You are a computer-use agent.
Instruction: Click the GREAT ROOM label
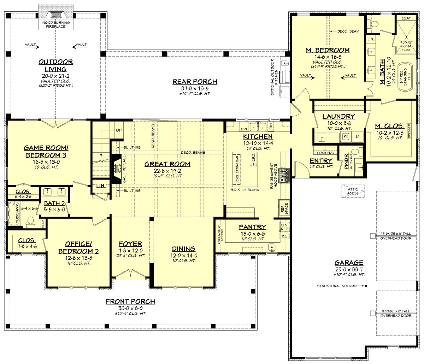[167, 164]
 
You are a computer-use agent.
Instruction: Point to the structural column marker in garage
[366, 286]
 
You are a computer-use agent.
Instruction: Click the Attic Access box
[353, 191]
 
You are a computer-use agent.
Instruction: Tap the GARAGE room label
[349, 263]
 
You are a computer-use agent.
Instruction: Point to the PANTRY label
[252, 227]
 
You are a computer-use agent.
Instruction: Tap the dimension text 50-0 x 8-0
[130, 308]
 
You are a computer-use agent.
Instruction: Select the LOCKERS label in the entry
[325, 153]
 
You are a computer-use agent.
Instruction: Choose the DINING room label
[184, 249]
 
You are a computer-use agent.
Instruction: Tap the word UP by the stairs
[119, 130]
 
